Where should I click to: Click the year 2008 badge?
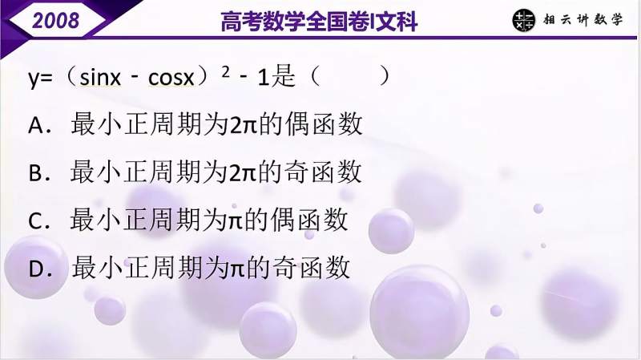click(x=55, y=19)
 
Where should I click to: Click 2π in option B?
click(x=241, y=172)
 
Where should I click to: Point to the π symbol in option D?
click(x=236, y=268)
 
